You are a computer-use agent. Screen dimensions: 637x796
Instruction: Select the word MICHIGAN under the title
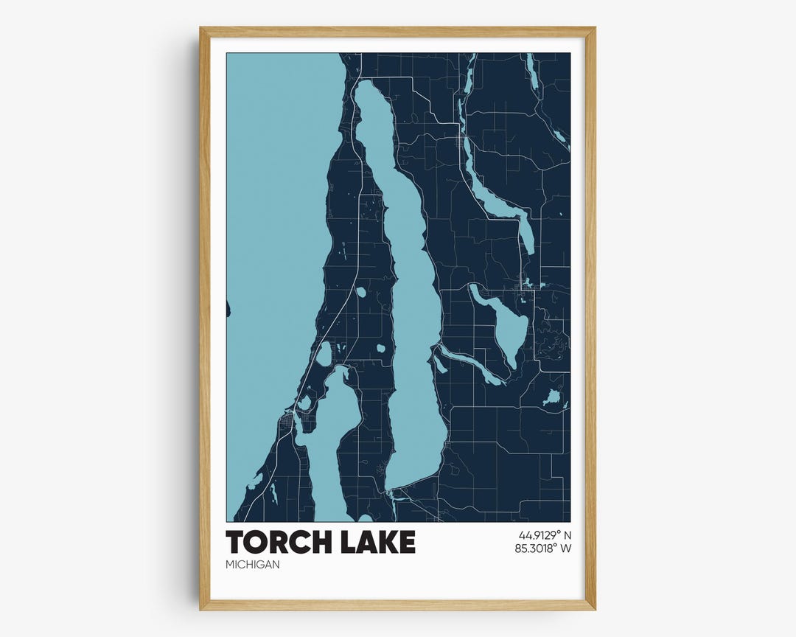coord(253,565)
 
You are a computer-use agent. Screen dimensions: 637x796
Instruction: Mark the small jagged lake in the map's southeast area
coord(551,399)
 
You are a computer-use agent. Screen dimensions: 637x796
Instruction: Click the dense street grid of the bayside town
coord(286,423)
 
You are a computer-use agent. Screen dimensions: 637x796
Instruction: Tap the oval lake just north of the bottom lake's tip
coord(324,354)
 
